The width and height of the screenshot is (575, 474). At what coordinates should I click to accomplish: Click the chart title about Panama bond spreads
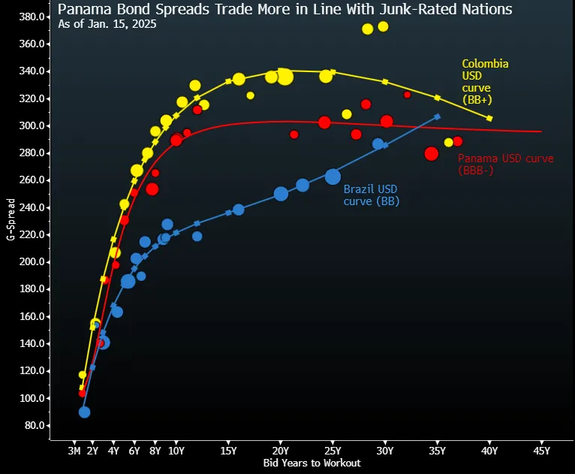(284, 9)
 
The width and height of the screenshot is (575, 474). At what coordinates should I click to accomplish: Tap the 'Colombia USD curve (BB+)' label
(484, 81)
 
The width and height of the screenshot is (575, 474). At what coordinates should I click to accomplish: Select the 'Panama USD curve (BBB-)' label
(505, 164)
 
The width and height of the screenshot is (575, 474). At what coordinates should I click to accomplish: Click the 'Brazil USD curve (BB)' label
(371, 195)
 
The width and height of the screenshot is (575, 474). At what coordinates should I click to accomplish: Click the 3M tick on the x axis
(74, 451)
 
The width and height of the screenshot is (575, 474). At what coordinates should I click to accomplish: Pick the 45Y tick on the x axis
(541, 451)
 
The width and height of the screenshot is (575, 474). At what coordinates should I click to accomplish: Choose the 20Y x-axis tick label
(280, 451)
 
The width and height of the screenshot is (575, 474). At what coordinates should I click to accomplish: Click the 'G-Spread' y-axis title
(10, 219)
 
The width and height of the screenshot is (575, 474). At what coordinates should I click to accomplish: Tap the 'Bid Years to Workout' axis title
(312, 463)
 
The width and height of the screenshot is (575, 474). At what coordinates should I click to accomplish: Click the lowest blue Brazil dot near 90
(84, 412)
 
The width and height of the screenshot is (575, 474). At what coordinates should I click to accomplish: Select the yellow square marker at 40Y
(489, 119)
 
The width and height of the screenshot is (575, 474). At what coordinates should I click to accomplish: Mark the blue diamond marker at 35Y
(438, 116)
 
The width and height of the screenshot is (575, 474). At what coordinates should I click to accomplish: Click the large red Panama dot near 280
(431, 153)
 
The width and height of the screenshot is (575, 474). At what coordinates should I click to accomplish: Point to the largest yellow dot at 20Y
(284, 77)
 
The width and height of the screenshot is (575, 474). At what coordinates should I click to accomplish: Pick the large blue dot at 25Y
(333, 177)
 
